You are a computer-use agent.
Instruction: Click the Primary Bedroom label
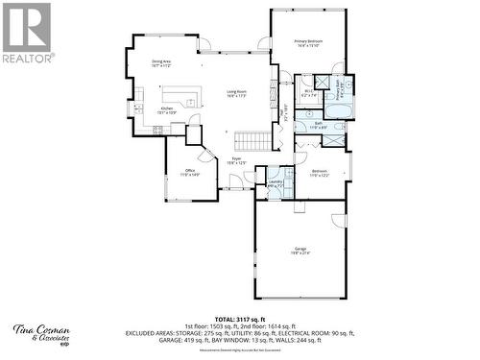[x=308, y=43]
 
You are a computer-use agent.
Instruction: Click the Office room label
[x=189, y=173]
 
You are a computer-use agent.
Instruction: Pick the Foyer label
[x=236, y=160]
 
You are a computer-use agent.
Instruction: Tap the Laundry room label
[x=275, y=184]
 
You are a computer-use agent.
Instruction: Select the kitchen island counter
[x=181, y=95]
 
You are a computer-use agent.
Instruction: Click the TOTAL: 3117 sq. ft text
[x=240, y=318]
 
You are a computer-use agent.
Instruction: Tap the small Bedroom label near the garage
[x=319, y=173]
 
